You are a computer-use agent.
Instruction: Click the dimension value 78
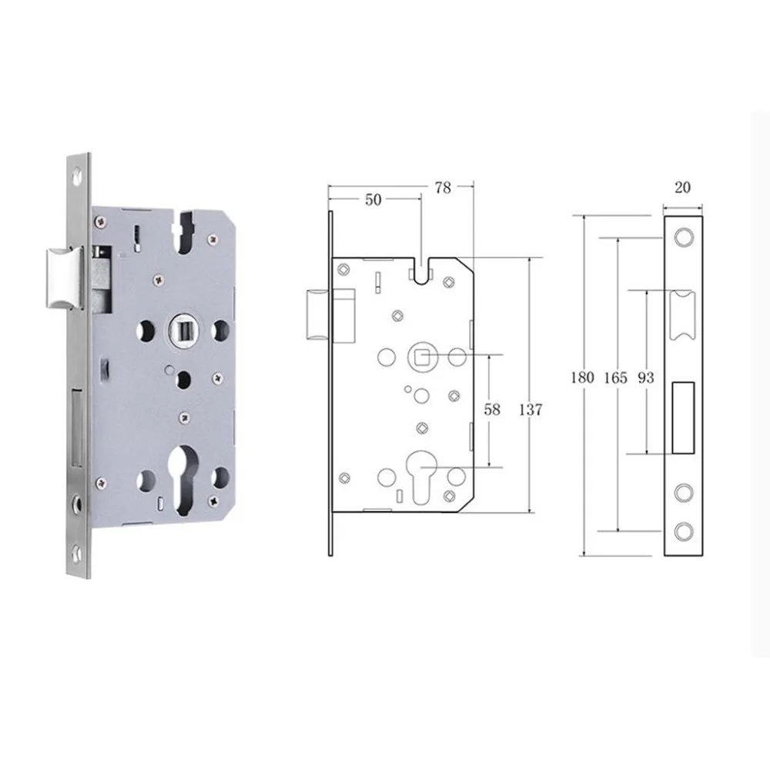pos(443,188)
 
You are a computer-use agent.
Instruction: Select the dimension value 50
pos(373,199)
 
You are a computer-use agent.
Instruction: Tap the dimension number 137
pos(531,409)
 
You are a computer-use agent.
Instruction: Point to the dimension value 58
pos(492,409)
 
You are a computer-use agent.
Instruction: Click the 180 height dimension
pos(582,377)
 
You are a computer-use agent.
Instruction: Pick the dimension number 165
pos(616,377)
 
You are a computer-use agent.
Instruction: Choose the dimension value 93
pos(646,377)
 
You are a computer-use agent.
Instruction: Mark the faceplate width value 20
pos(682,187)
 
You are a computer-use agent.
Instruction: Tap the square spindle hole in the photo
pos(185,330)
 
